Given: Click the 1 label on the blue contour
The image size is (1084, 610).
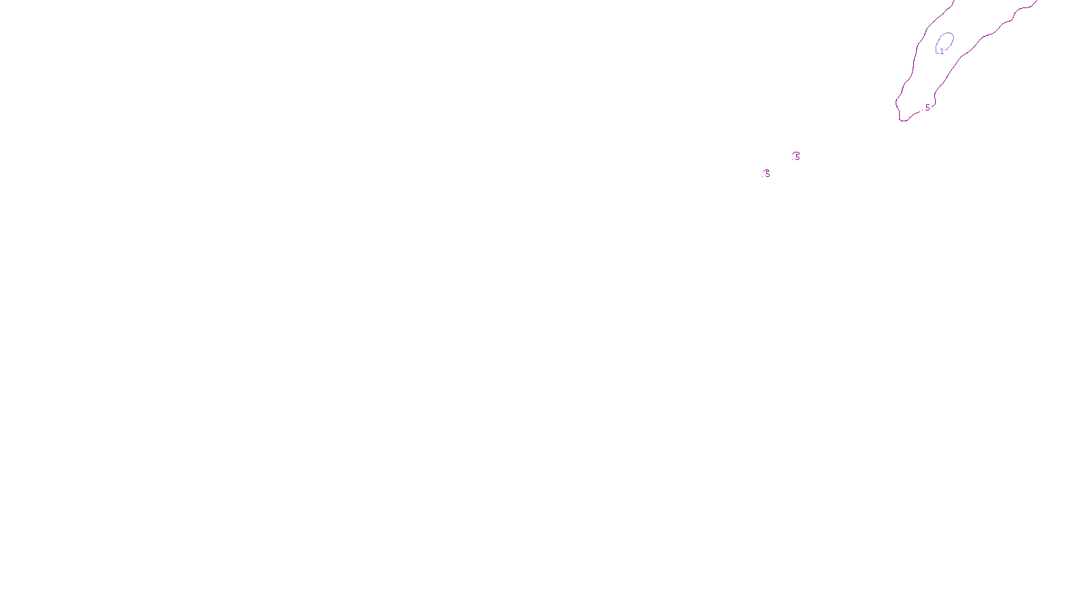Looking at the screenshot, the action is pos(941,52).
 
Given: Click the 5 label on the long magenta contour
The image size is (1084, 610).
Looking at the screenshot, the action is pos(927,107).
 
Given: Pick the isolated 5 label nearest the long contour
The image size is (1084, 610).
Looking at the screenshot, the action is pos(797,157).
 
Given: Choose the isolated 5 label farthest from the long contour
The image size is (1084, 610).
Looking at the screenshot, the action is pos(767,174).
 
